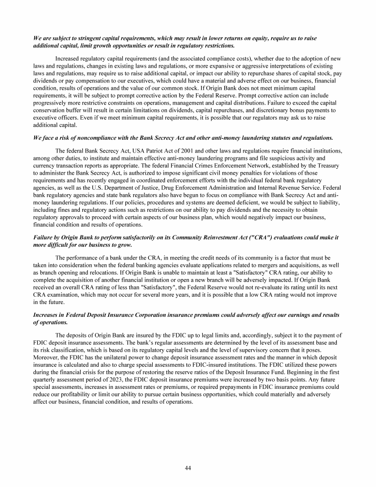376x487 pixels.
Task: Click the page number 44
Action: point(188,468)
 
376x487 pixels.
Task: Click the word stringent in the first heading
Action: point(82,38)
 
